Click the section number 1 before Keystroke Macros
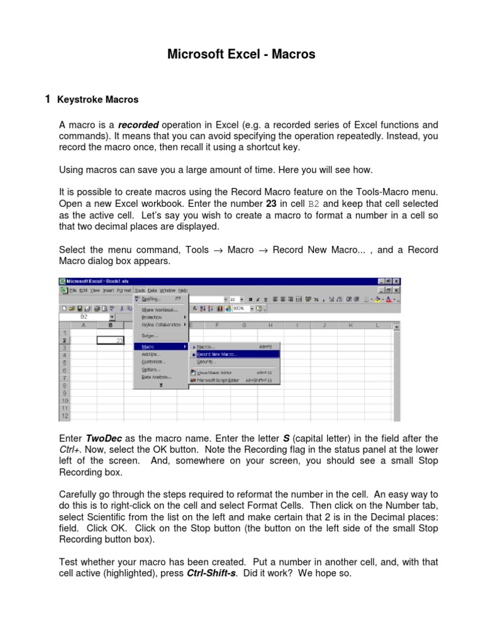pyautogui.click(x=47, y=99)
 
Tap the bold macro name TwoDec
pyautogui.click(x=102, y=438)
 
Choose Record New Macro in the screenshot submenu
pyautogui.click(x=217, y=354)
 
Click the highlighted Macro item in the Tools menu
pyautogui.click(x=148, y=347)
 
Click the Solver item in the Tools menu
pyautogui.click(x=150, y=335)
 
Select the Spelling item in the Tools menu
pyautogui.click(x=152, y=299)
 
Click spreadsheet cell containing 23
pyautogui.click(x=111, y=340)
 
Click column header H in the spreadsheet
pyautogui.click(x=270, y=325)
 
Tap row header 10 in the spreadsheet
pyautogui.click(x=64, y=400)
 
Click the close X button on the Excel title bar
pyautogui.click(x=396, y=281)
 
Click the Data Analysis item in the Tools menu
pyautogui.click(x=155, y=377)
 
